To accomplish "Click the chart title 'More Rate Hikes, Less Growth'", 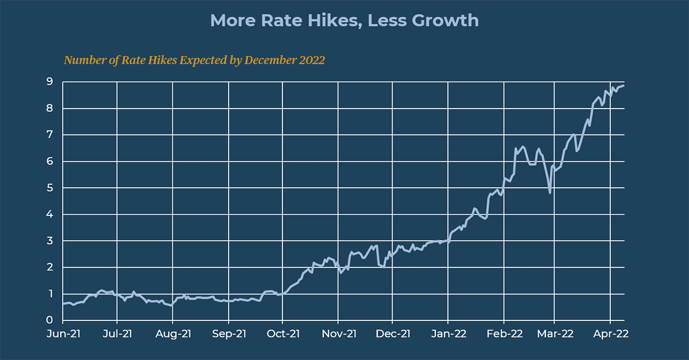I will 344,21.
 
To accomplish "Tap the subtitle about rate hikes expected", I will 194,60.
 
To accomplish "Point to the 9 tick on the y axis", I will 50,82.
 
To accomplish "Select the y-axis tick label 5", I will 50,188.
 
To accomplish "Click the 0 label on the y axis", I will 50,320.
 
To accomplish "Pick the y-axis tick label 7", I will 50,135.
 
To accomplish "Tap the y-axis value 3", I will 50,241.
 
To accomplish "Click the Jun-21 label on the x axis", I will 63,334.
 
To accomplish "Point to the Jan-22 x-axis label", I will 449,334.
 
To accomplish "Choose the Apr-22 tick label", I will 610,334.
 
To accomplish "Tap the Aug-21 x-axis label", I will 173,334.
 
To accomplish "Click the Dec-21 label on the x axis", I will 393,334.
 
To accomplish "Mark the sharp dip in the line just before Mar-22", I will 550,192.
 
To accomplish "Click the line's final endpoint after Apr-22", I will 624,86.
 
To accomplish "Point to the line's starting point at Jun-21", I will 63,304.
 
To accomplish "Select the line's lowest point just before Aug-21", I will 172,305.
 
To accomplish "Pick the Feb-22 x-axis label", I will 504,334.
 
